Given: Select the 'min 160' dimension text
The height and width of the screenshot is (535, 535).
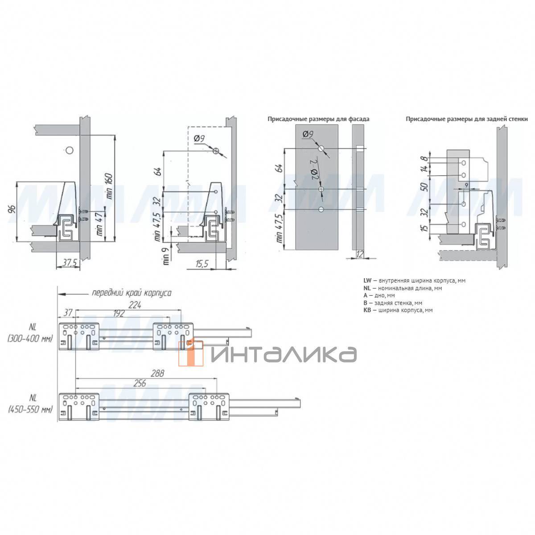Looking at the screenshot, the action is point(109,186).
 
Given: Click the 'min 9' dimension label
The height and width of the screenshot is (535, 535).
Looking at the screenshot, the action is point(166,256).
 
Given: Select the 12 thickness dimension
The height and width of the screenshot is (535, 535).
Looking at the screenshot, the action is point(359,254).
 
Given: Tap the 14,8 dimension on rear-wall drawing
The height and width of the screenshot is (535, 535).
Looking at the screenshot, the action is point(424,164).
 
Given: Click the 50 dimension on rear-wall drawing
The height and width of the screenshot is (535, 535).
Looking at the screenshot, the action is point(424,186).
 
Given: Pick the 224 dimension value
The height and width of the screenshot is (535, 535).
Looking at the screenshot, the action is point(135,305).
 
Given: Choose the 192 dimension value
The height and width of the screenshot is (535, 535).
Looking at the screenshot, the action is point(119,313).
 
